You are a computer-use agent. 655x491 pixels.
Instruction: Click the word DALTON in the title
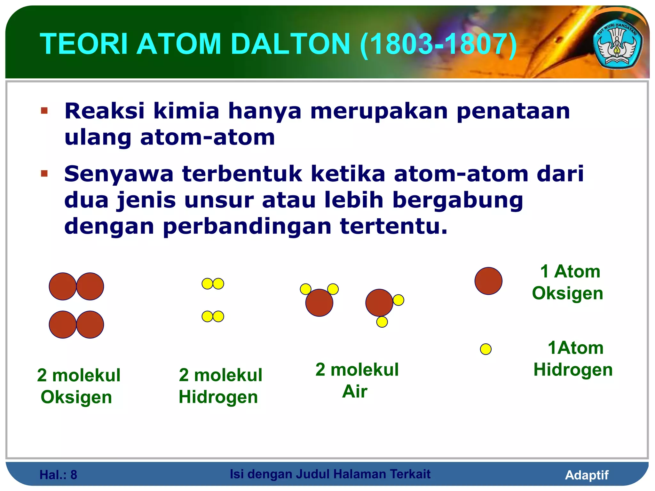pos(290,44)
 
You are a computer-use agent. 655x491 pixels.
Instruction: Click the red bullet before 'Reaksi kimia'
pos(44,111)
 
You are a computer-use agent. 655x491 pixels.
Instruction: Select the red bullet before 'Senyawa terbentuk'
pos(44,174)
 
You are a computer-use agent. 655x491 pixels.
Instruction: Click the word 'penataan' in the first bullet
pos(513,111)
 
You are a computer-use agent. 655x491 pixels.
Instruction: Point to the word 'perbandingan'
pos(247,226)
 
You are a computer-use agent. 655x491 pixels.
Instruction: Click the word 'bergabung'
pos(457,200)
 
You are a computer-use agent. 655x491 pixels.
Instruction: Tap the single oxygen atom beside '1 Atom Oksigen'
pos(488,281)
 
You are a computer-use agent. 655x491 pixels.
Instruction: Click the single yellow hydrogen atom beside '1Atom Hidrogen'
pos(485,349)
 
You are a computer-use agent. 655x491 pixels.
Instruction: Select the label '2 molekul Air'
pos(357,380)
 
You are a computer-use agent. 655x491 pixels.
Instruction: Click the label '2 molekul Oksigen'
pos(78,386)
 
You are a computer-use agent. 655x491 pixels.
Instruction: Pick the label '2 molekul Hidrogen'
pos(220,386)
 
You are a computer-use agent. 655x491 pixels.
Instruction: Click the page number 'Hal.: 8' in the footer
pos(58,475)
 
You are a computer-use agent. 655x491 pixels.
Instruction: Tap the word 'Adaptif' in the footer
pos(587,475)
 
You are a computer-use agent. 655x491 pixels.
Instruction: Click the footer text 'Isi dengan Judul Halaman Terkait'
pos(330,474)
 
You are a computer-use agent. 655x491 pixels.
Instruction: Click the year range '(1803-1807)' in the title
pos(438,44)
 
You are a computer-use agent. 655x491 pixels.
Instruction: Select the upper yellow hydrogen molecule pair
pos(213,284)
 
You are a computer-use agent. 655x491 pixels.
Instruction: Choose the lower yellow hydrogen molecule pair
pos(213,316)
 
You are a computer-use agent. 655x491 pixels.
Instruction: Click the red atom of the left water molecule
pos(319,303)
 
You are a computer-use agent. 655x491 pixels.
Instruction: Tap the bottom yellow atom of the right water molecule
pos(382,322)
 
